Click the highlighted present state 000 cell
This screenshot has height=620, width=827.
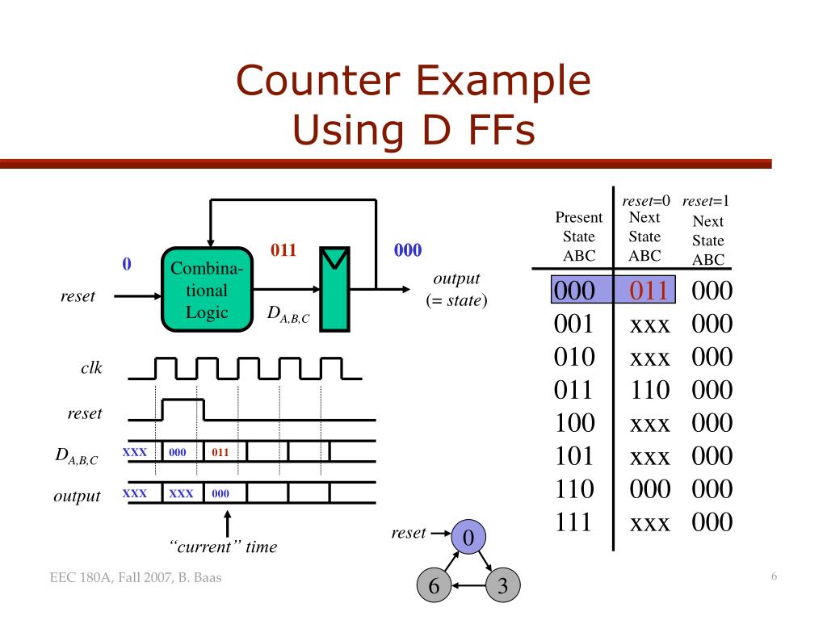coord(574,291)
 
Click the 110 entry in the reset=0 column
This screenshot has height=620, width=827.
coord(650,390)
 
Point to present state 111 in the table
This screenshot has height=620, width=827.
coord(574,522)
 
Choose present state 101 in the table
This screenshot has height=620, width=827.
coord(574,456)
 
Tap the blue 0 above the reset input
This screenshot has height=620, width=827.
coord(127,265)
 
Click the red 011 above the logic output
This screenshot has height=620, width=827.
coord(283,250)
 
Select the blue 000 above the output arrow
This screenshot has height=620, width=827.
coord(408,250)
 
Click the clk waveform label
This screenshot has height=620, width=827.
coord(90,369)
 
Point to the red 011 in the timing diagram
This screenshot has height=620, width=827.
coord(220,453)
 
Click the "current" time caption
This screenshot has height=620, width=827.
coord(224,547)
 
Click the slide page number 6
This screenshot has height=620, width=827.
coord(774,576)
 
